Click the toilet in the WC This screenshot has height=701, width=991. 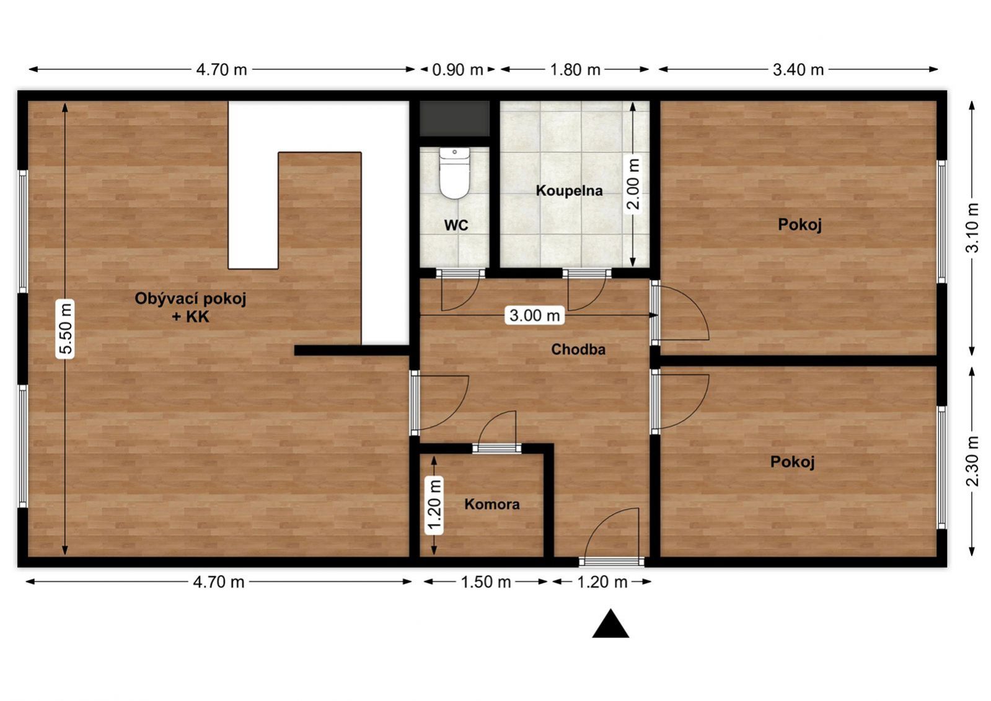[454, 173]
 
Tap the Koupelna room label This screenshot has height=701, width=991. [569, 191]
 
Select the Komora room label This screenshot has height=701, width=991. [492, 504]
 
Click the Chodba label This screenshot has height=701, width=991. [578, 349]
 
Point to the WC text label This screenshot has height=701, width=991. [456, 225]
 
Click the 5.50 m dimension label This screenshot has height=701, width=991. [66, 328]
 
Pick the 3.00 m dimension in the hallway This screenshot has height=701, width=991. [535, 315]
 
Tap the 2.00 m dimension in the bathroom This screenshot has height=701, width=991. [633, 183]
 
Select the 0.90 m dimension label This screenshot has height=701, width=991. [457, 69]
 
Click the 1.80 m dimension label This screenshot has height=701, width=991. [575, 69]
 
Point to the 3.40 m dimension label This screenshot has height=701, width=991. [798, 69]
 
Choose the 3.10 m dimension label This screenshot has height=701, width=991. [972, 227]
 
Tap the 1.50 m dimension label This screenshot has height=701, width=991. [486, 582]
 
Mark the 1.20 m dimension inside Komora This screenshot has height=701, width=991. [434, 505]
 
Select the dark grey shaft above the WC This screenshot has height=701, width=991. [454, 118]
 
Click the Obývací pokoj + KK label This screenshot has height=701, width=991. [190, 307]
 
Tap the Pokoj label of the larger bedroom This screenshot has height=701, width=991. [799, 224]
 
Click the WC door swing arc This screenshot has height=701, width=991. [472, 299]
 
